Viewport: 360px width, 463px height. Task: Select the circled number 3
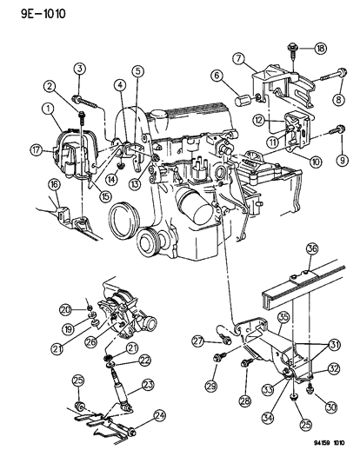78,69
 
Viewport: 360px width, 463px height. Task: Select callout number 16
30,184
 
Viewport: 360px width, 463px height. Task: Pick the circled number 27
197,341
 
